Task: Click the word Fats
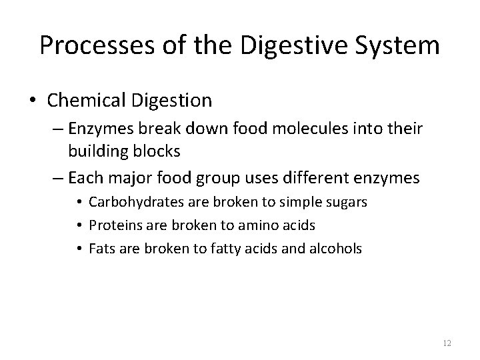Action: click(100, 248)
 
